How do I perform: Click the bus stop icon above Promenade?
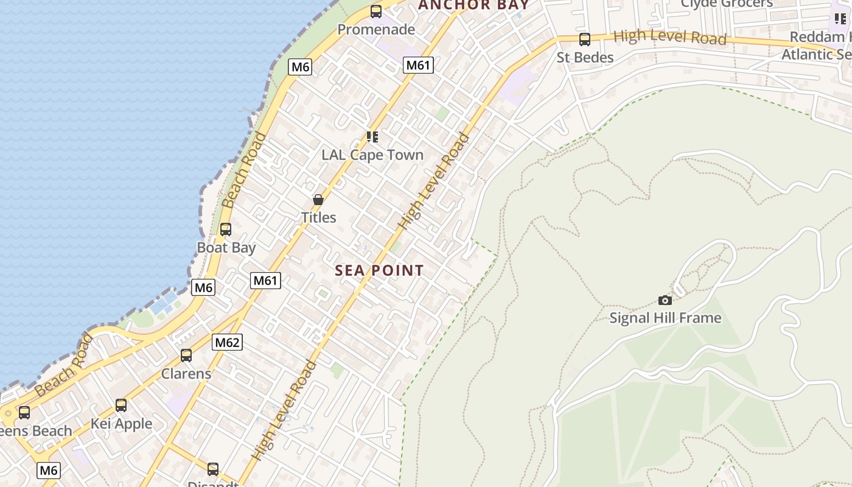(x=376, y=11)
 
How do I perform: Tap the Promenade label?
(x=376, y=29)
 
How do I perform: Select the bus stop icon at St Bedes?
(x=585, y=40)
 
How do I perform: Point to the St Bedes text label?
(x=585, y=57)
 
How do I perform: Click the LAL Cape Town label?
(x=372, y=155)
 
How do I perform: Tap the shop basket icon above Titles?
(x=318, y=200)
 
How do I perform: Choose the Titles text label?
(x=318, y=217)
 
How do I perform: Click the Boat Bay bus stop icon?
(x=226, y=229)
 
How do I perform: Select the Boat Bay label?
(x=226, y=248)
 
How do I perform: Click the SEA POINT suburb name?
(x=379, y=271)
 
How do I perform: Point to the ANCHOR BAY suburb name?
(x=473, y=5)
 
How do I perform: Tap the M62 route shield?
(x=228, y=342)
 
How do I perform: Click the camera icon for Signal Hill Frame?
(x=665, y=300)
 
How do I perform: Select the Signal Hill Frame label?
(x=665, y=318)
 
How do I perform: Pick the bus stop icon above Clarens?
(x=186, y=356)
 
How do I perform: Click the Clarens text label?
(x=186, y=373)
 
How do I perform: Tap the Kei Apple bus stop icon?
(x=121, y=405)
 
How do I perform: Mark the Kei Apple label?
(x=121, y=423)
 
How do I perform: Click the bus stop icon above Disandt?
(x=213, y=469)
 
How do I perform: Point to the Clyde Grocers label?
(x=727, y=4)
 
